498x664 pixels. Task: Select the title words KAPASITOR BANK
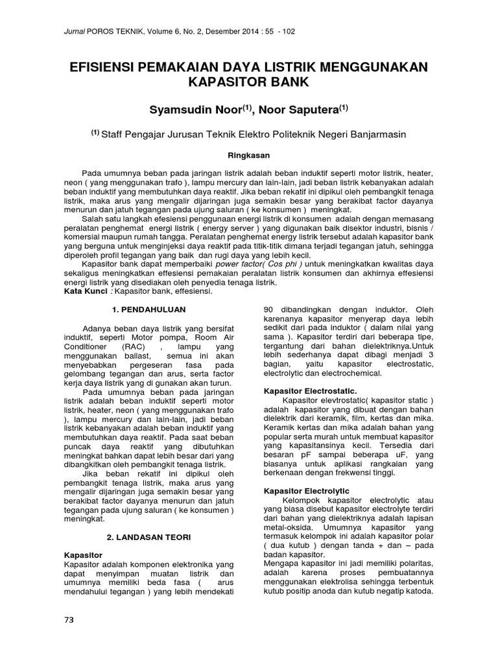[249, 83]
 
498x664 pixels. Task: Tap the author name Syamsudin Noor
[196, 110]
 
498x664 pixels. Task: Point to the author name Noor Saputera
[307, 110]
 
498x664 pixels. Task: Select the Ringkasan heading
[248, 156]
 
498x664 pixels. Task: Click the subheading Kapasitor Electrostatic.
[311, 391]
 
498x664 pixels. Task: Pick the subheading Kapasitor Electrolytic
[307, 491]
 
